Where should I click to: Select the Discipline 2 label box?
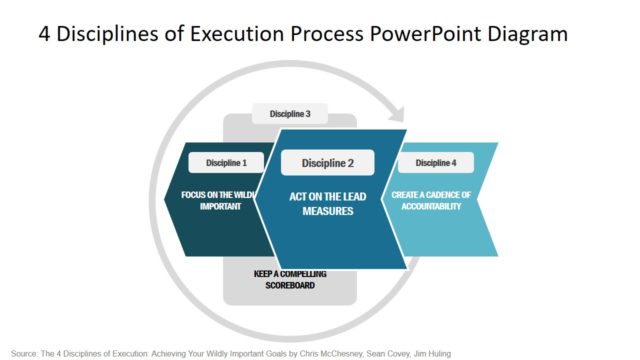point(328,163)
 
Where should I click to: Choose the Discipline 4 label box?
point(436,162)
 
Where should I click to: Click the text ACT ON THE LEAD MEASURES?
point(328,202)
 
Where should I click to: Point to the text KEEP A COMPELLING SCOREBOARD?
point(290,280)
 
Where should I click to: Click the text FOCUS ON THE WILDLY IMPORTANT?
point(220,200)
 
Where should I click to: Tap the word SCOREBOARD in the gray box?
point(290,286)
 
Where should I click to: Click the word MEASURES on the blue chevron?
point(328,211)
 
